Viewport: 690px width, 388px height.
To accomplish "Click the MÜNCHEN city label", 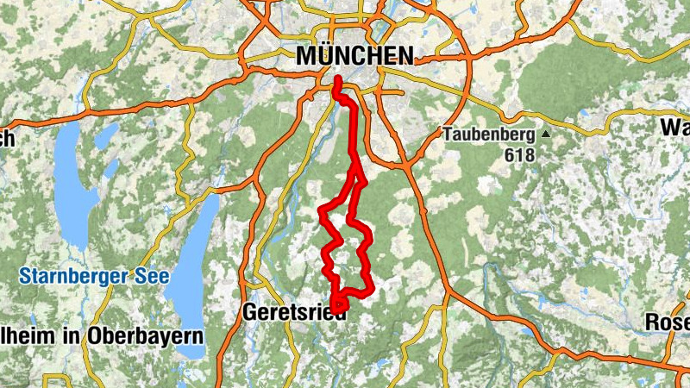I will pyautogui.click(x=354, y=55).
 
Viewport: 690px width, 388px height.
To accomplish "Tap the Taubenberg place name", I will pyautogui.click(x=489, y=135).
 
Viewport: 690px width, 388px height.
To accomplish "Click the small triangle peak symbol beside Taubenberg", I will pyautogui.click(x=545, y=135).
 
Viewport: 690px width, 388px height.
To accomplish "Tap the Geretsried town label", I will pyautogui.click(x=295, y=312).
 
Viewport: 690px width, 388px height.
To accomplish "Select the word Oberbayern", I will pyautogui.click(x=147, y=335).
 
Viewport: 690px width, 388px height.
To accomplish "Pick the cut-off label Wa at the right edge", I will pyautogui.click(x=674, y=128).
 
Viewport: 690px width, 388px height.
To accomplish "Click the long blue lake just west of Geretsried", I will pyautogui.click(x=191, y=267).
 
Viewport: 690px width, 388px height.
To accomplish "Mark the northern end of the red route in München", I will pyautogui.click(x=336, y=81).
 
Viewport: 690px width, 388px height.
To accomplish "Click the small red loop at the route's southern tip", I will pyautogui.click(x=338, y=304).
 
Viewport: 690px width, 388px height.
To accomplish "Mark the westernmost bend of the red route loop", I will pyautogui.click(x=322, y=210).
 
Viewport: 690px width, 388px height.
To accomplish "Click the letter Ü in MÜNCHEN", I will pyautogui.click(x=323, y=55).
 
